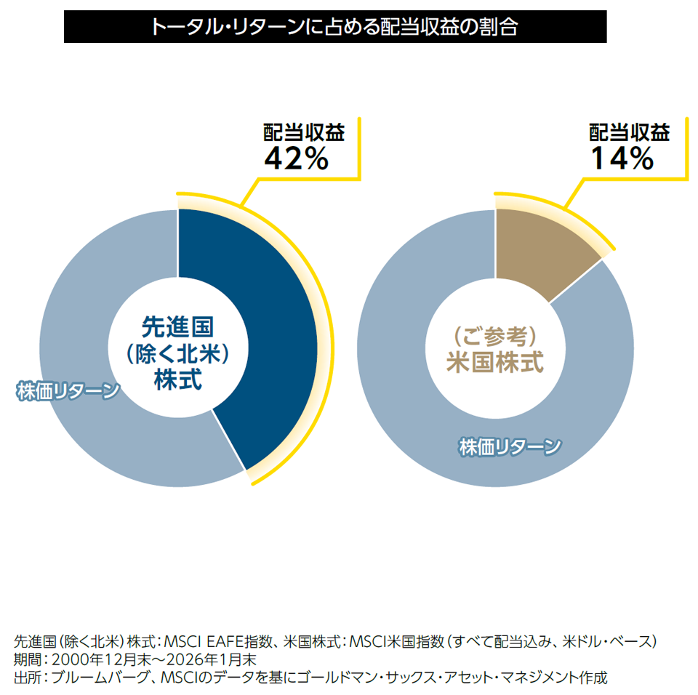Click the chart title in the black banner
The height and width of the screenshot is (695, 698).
pyautogui.click(x=334, y=27)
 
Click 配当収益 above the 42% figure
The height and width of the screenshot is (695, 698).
pyautogui.click(x=303, y=132)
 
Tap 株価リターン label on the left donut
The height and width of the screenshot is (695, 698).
pyautogui.click(x=68, y=391)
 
